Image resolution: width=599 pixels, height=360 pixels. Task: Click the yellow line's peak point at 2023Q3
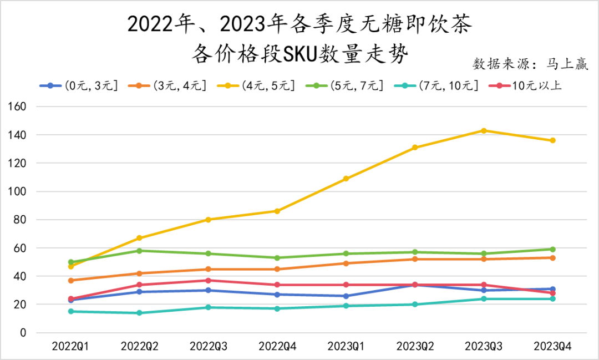[484, 131]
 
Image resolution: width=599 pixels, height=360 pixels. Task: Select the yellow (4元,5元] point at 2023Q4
[552, 140]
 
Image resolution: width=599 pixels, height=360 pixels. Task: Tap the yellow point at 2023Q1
[346, 179]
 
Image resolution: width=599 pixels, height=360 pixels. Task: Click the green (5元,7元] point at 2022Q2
[140, 251]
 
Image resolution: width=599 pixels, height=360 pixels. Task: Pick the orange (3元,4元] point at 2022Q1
[71, 281]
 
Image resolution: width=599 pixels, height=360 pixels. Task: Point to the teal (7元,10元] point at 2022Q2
[140, 313]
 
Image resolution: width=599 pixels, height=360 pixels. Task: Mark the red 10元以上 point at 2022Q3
[209, 281]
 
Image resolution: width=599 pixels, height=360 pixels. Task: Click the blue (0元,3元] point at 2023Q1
[346, 296]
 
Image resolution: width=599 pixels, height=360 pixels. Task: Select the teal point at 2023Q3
[484, 299]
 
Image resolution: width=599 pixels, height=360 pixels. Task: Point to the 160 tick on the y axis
[19, 107]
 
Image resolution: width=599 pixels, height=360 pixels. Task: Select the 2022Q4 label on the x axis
[277, 346]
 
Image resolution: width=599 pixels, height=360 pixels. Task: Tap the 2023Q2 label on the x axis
[415, 346]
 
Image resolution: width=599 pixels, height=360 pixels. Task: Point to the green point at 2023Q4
[552, 249]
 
